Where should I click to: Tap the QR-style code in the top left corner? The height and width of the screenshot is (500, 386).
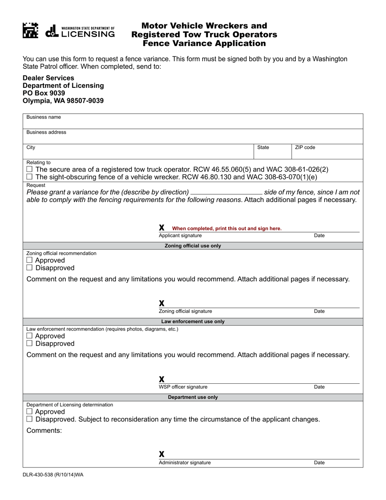coord(30,30)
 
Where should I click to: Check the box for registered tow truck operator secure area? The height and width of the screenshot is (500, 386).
coord(29,169)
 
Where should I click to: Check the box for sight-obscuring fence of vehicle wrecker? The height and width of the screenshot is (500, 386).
coord(29,177)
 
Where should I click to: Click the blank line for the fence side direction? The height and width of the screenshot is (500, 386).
coord(226,192)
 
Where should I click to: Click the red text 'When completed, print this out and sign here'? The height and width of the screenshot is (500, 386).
coord(227,228)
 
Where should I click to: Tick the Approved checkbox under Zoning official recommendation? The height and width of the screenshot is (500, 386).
coord(29,260)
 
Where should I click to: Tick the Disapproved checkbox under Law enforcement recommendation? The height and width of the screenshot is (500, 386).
coord(29,343)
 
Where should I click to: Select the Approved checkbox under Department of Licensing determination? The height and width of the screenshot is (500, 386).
coord(29,412)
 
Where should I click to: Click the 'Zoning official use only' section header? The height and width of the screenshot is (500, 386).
coord(193,246)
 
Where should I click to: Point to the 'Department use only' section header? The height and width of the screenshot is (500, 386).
coord(193,397)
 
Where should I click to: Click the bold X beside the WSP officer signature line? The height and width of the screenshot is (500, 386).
coord(162,379)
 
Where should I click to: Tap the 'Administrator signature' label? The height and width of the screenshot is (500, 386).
coord(185,463)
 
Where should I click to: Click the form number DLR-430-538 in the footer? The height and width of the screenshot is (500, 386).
coord(53,474)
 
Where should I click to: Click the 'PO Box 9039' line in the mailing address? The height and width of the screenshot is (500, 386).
coord(44,93)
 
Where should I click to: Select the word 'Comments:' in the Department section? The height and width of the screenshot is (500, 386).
coord(44,430)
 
